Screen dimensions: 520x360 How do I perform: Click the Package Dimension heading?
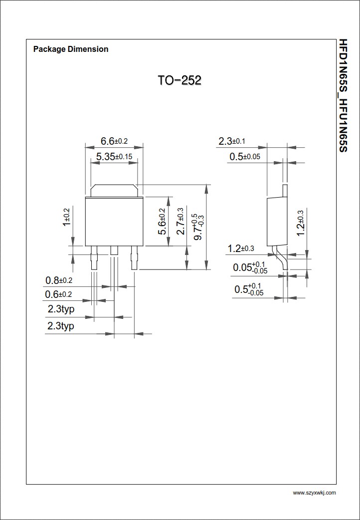tap(70, 49)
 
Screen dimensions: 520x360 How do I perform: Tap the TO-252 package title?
tap(180, 80)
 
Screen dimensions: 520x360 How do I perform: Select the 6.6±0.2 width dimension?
tap(114, 141)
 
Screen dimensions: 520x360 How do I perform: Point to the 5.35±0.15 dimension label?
tap(114, 157)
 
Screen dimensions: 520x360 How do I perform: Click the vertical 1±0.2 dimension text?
tap(66, 217)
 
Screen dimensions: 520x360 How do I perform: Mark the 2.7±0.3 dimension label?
tap(180, 221)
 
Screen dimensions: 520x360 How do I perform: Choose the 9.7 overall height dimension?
tap(198, 226)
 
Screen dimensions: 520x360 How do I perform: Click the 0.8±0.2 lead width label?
tap(59, 280)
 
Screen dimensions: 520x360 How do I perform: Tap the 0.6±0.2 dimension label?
tap(58, 294)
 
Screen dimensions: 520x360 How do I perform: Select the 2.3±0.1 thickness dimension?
tap(232, 142)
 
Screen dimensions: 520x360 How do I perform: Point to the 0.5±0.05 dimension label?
tap(245, 157)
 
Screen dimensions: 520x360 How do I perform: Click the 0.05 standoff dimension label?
tap(250, 267)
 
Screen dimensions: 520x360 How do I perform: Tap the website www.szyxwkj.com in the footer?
tap(314, 493)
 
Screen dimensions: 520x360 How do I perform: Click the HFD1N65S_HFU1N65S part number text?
tap(343, 94)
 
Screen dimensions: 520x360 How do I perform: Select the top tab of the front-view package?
tap(114, 190)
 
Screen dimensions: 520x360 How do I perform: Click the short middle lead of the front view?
tap(114, 251)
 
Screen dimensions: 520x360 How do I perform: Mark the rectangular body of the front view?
tap(114, 221)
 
